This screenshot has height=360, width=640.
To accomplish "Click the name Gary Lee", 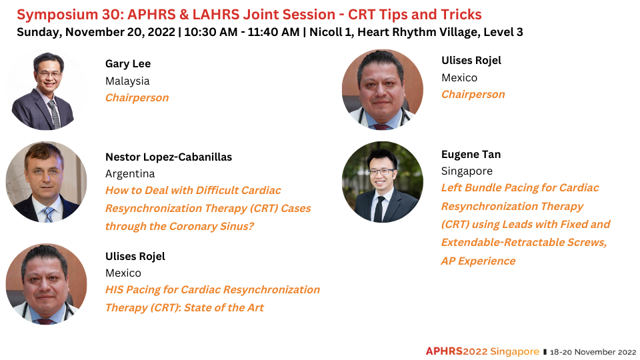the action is [128, 64].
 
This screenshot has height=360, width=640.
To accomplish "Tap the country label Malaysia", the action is [127, 81].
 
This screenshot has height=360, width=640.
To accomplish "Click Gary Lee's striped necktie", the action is [54, 114].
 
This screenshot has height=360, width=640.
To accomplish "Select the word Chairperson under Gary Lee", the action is [137, 98].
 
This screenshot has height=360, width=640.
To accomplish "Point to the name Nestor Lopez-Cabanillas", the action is [169, 157].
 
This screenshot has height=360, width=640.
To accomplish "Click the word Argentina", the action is [130, 174].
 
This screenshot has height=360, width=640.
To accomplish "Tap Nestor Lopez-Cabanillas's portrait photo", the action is [46, 182].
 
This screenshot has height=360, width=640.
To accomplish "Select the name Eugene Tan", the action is [471, 154].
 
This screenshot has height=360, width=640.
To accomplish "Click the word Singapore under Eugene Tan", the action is [467, 171].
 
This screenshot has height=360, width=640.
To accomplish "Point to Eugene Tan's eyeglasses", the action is [381, 172].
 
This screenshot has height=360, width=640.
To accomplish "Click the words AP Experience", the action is [479, 261].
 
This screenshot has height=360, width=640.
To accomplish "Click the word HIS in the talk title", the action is [114, 290].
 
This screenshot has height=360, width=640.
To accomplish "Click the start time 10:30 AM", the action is [211, 32].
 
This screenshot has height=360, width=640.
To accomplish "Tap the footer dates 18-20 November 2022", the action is [593, 352].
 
